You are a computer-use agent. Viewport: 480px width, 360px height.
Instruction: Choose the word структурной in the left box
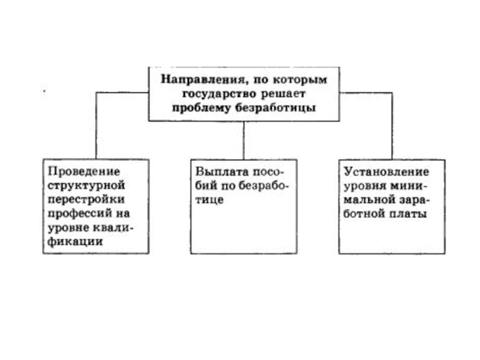83,184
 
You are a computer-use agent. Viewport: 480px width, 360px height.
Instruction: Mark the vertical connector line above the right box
392,126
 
